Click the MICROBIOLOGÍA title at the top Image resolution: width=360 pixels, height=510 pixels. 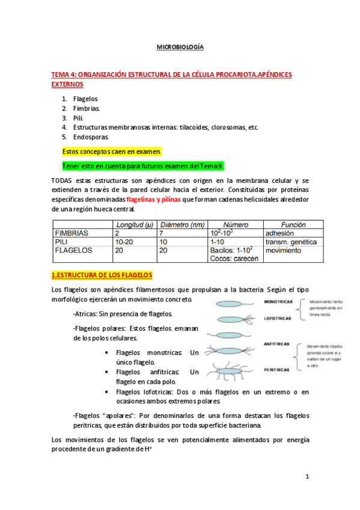pos(180,46)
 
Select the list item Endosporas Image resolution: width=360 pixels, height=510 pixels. pos(91,137)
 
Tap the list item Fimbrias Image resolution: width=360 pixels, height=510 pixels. pos(87,108)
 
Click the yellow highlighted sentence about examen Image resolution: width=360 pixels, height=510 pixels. pos(112,152)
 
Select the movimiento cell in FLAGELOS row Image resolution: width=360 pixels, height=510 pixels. pos(283,250)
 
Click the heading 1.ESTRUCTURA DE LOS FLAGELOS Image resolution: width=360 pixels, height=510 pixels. pos(102,275)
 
